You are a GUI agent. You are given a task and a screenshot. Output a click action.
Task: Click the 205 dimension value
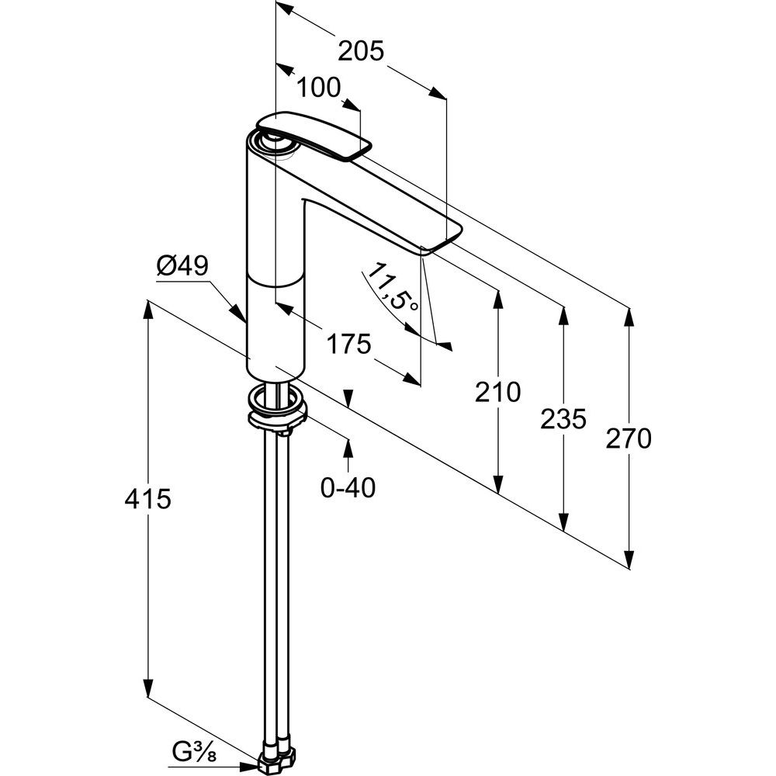[x=361, y=51]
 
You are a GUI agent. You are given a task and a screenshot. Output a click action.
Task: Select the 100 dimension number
[x=318, y=88]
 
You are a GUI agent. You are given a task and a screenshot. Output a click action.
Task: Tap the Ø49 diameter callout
[x=182, y=267]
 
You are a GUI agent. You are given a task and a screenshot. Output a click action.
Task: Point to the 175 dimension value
[x=348, y=342]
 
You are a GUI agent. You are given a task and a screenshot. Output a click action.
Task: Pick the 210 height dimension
[x=497, y=393]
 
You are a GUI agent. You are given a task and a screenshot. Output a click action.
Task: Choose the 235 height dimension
[x=563, y=419]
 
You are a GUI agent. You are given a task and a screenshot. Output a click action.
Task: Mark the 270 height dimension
[x=629, y=439]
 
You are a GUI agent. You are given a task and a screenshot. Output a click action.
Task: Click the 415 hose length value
[x=147, y=499]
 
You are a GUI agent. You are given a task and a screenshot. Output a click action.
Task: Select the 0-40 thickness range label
[x=348, y=487]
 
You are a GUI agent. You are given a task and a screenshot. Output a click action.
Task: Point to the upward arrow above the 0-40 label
[x=348, y=445]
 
